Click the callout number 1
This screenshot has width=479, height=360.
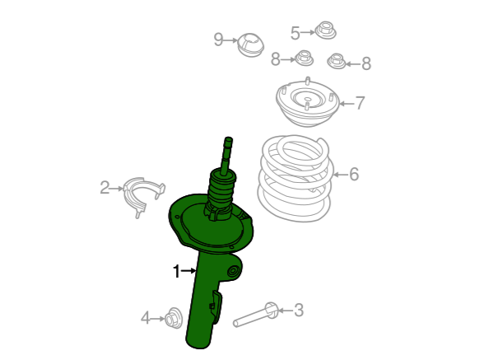[x=177, y=271]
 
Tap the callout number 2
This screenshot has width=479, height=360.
[x=105, y=188]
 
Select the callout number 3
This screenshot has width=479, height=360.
[x=299, y=310]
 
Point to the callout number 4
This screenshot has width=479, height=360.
[x=146, y=318]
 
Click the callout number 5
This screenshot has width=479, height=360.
[x=295, y=33]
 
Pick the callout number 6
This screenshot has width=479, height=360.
[x=354, y=175]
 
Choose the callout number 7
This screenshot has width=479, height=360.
[x=360, y=103]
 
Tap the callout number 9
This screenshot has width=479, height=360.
[x=218, y=40]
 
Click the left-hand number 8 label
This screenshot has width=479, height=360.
[x=275, y=59]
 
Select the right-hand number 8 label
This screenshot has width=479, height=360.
[x=366, y=63]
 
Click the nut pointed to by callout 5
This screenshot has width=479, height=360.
[x=326, y=30]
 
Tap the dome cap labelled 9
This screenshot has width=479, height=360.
[x=250, y=45]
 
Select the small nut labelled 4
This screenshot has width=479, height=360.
[x=173, y=318]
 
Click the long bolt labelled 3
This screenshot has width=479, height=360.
[x=255, y=315]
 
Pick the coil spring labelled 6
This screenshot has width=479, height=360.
[x=295, y=178]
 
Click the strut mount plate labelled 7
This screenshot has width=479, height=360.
[x=307, y=102]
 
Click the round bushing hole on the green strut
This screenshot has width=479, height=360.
[x=233, y=271]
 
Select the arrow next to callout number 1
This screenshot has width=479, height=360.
[x=188, y=271]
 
